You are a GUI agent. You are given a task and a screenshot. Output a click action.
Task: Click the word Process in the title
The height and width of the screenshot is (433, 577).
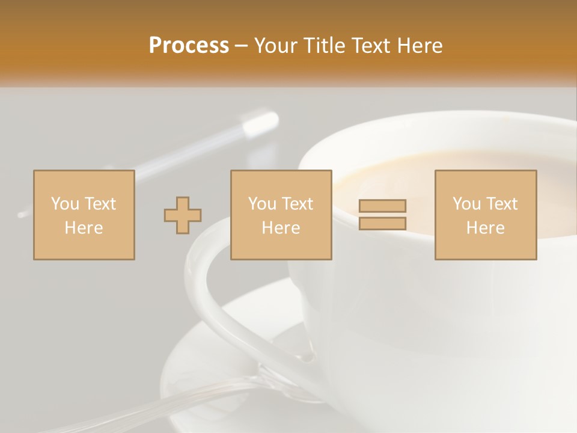click(189, 46)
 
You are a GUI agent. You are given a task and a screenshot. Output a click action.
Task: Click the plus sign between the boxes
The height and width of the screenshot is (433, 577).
click(183, 215)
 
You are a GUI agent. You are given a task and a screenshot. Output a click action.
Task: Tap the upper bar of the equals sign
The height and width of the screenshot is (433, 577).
click(382, 206)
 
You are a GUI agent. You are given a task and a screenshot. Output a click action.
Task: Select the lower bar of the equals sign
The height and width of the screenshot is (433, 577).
click(382, 224)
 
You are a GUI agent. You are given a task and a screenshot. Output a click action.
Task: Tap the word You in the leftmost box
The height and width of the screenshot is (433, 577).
click(65, 204)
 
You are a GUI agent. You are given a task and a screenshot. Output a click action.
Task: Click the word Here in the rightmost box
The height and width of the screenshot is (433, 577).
click(485, 228)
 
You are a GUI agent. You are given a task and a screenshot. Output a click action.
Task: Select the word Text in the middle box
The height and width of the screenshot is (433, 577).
click(298, 204)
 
